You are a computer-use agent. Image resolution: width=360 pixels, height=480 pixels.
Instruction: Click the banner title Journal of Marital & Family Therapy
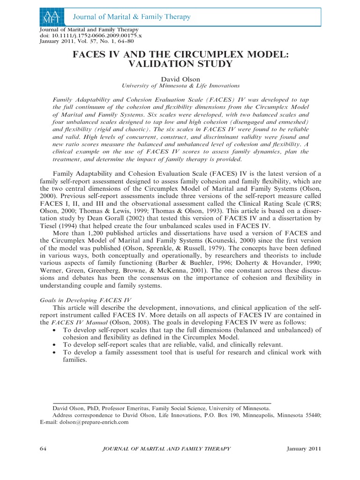(x=131, y=17)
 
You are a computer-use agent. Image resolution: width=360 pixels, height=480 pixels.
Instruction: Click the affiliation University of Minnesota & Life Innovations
(x=180, y=86)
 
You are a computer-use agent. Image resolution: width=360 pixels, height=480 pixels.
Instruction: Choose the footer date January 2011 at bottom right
(x=303, y=449)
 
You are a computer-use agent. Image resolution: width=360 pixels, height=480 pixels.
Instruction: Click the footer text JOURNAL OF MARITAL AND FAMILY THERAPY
(x=166, y=449)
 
